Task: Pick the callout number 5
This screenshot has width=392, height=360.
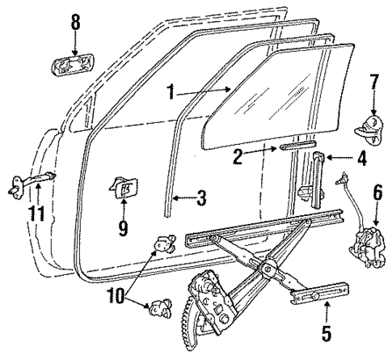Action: click(326, 331)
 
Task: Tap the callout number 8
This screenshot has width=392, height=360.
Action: click(75, 24)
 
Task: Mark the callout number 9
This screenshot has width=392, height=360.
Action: click(123, 228)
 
